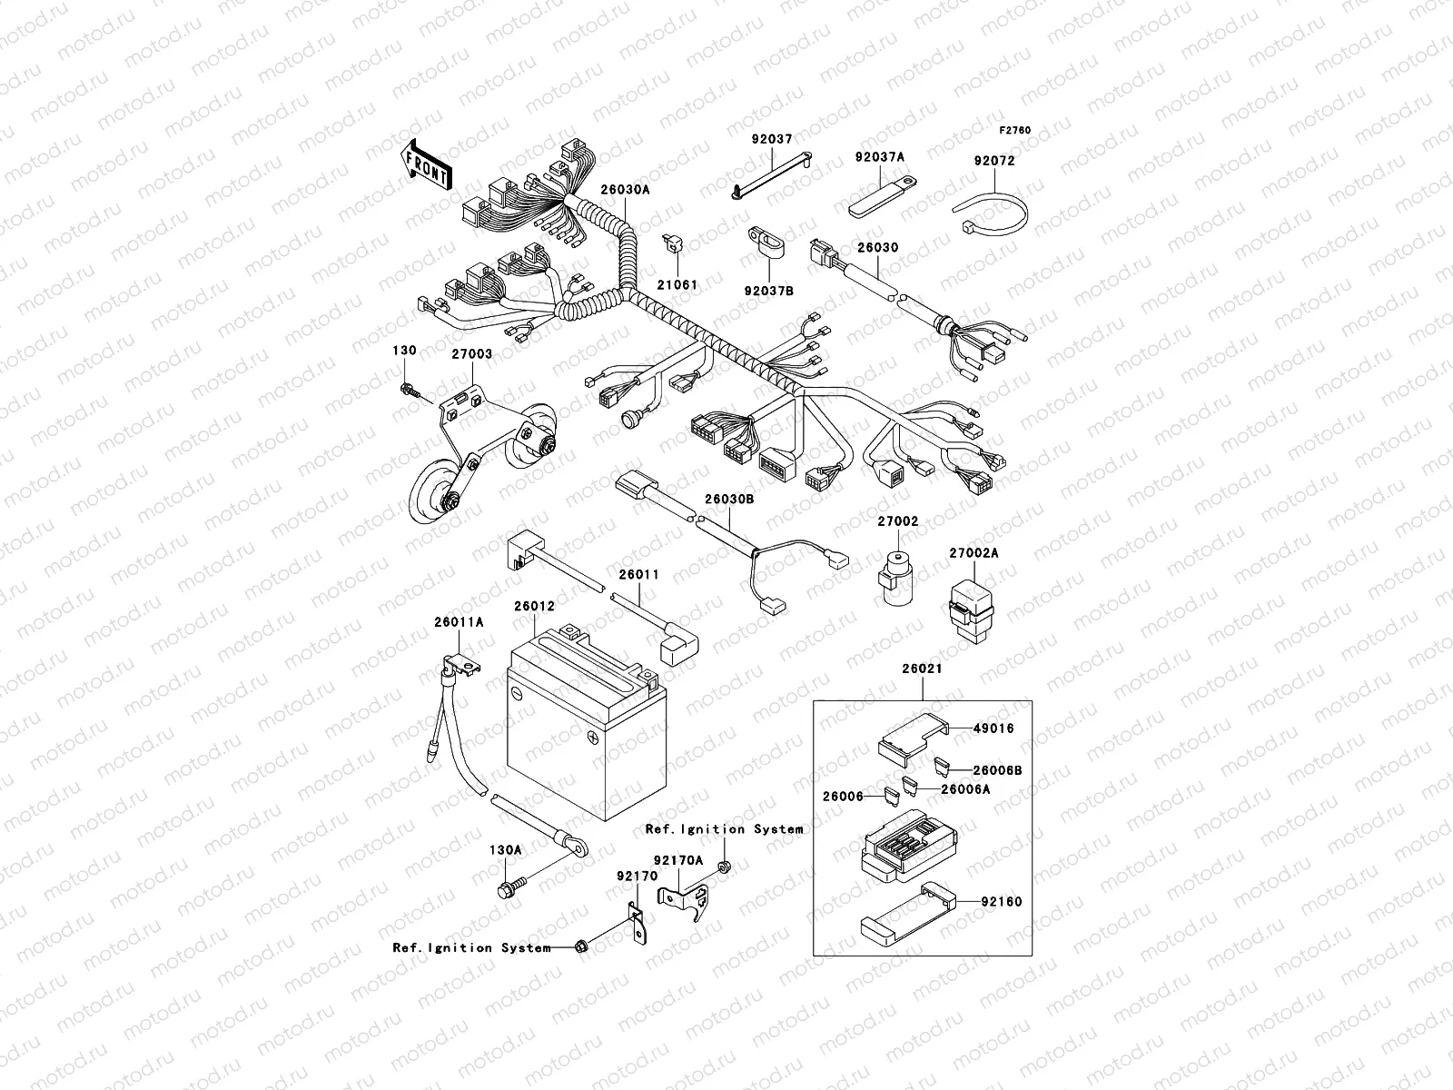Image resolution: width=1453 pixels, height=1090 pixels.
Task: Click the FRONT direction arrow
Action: point(427,164)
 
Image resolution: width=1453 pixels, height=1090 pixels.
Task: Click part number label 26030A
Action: point(625,190)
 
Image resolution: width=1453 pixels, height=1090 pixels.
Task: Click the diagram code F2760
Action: point(1015,131)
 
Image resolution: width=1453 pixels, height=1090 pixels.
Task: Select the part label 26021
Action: point(922,669)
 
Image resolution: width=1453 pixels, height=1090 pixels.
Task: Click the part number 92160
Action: point(1001,902)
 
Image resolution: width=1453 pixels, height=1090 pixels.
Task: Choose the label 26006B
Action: point(997,770)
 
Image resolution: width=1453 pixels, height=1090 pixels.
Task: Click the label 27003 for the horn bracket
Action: point(471,354)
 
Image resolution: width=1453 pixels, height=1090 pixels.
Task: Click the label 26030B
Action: point(729,500)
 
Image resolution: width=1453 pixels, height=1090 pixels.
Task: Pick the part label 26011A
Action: point(459,621)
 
